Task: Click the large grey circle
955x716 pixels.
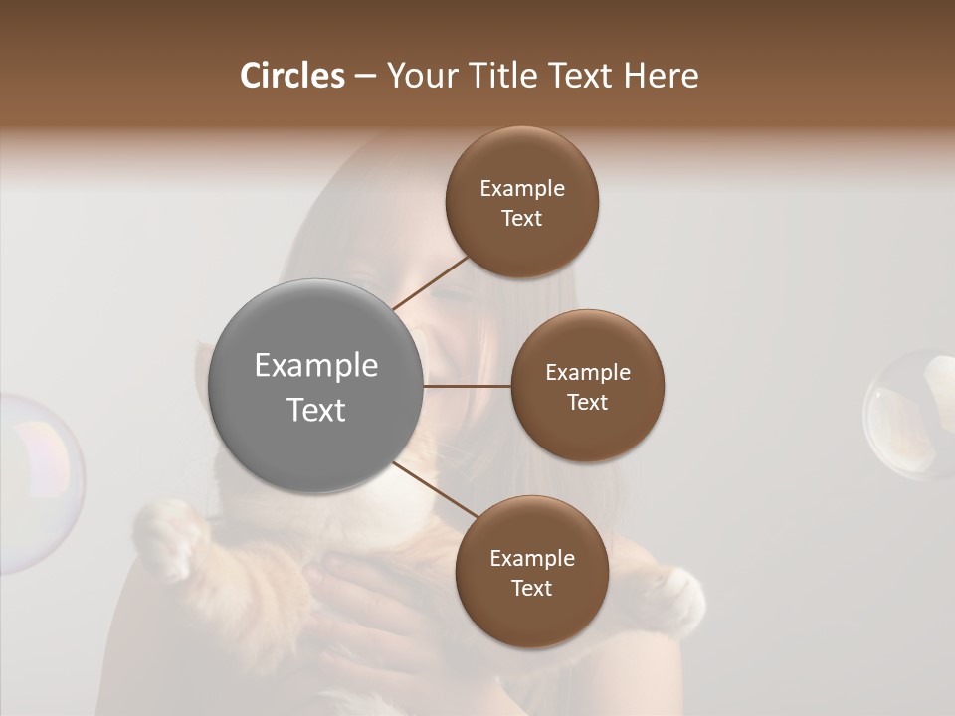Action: [x=315, y=386]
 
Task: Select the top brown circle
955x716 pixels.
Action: [x=522, y=202]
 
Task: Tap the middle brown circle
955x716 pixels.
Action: [x=588, y=386]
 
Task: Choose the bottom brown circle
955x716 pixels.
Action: [x=531, y=572]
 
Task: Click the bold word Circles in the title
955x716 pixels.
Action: [x=292, y=76]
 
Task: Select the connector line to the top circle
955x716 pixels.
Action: [x=431, y=282]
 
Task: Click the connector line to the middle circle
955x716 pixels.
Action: [x=467, y=386]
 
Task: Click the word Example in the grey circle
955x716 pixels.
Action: [x=316, y=366]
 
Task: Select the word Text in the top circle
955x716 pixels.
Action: [x=522, y=218]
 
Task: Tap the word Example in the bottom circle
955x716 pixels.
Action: [x=532, y=558]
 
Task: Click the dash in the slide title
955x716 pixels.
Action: [x=365, y=76]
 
